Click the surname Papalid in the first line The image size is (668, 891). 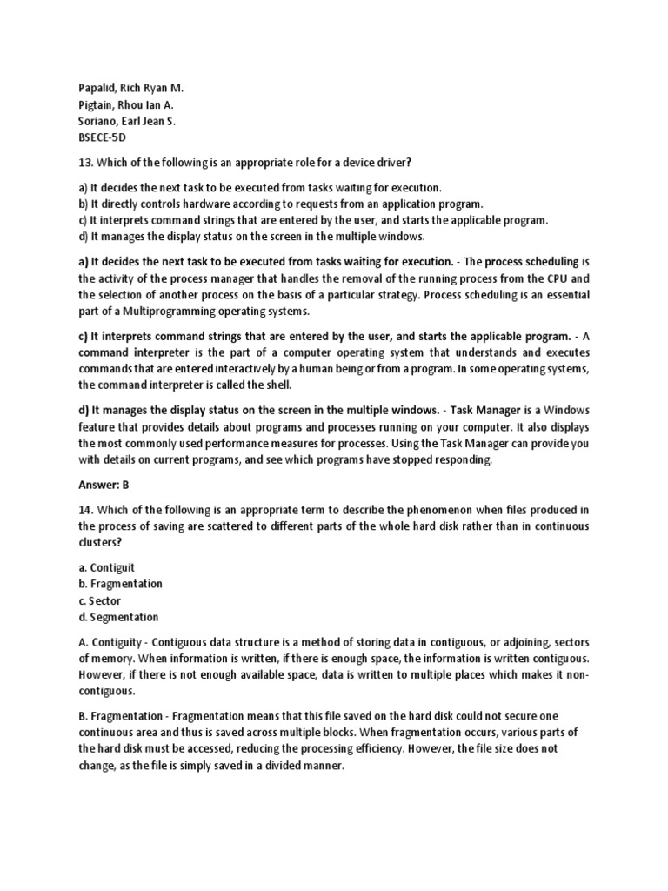pos(90,87)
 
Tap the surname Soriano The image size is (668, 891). pos(90,121)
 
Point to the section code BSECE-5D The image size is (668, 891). pos(91,137)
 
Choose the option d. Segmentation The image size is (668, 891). pos(113,617)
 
